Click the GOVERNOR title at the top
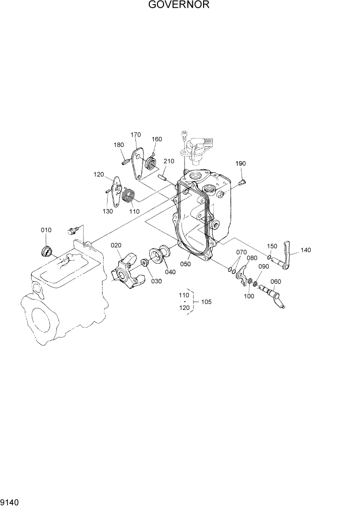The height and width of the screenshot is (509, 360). [x=179, y=6]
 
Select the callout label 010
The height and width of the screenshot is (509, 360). [x=46, y=230]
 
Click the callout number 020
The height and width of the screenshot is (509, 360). [x=116, y=245]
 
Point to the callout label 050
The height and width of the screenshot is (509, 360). [x=185, y=264]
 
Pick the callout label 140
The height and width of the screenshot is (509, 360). [x=306, y=250]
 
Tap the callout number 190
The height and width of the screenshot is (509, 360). [x=241, y=164]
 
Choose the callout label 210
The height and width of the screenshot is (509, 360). [x=169, y=161]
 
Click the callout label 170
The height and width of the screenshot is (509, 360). [x=135, y=135]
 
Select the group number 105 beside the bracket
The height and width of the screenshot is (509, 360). [x=206, y=302]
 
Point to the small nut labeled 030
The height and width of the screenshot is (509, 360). [x=145, y=264]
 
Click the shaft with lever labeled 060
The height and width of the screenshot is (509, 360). [x=274, y=297]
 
